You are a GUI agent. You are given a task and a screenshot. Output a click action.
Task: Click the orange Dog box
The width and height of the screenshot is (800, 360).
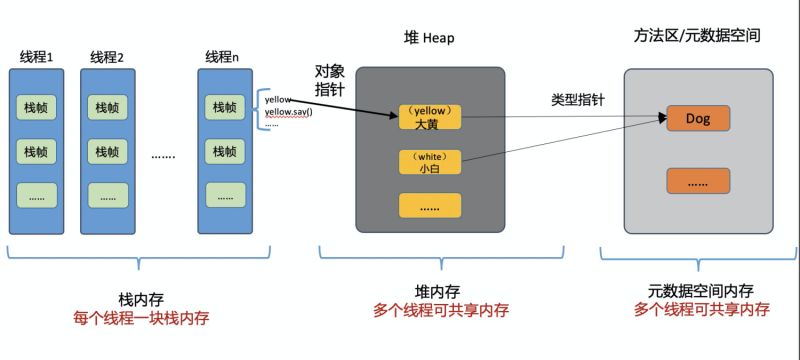697,119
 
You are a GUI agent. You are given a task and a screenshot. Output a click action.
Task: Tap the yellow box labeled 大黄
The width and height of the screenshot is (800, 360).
430,117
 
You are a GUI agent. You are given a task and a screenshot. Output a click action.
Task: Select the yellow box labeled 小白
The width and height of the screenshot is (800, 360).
430,162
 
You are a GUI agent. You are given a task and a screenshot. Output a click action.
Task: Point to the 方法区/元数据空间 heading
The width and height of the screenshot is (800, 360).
698,35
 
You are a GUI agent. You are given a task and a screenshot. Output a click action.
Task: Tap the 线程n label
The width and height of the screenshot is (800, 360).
222,56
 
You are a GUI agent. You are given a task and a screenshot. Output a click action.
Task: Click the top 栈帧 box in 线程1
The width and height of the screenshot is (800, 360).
36,107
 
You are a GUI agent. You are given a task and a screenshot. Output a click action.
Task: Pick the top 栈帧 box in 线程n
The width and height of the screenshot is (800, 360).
222,107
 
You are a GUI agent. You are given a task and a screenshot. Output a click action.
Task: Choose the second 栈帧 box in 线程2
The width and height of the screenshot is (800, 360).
107,152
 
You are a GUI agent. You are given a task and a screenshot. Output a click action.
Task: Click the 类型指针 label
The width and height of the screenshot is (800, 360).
576,100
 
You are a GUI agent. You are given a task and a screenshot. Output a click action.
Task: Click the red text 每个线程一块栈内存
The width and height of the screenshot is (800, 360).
141,317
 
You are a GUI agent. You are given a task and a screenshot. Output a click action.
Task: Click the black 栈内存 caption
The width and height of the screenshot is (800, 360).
140,297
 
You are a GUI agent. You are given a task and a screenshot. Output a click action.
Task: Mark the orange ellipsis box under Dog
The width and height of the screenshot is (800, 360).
697,181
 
